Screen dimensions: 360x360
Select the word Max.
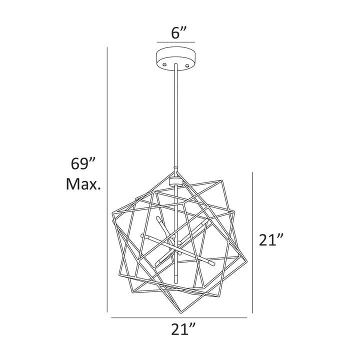84,185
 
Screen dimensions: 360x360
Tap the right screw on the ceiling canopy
187,64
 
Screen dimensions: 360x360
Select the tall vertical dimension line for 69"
108,180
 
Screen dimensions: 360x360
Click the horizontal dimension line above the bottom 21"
178,318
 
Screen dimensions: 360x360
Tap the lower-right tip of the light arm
214,262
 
